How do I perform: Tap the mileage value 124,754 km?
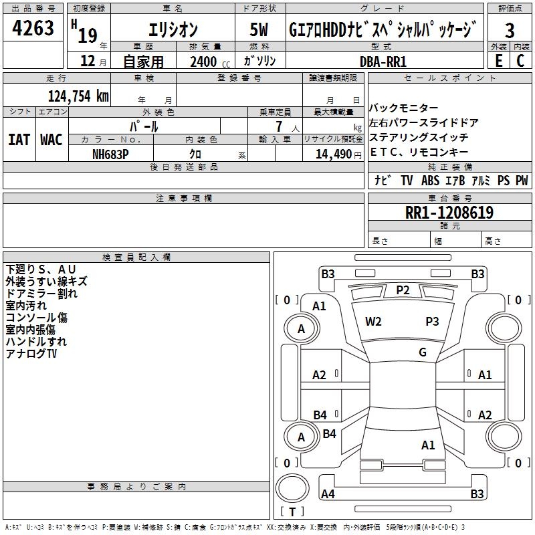point(78,96)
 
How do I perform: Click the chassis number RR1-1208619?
point(449,213)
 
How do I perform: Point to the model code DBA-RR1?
point(383,61)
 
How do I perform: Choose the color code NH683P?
point(111,153)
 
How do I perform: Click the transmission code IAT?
point(19,140)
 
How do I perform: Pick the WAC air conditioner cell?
point(51,140)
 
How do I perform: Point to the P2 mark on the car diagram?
point(403,290)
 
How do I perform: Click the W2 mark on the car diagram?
point(373,322)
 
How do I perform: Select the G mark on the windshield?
point(423,352)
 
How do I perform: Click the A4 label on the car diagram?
point(328,494)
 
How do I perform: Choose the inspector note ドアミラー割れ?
point(41,293)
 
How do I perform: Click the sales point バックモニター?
point(404,108)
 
